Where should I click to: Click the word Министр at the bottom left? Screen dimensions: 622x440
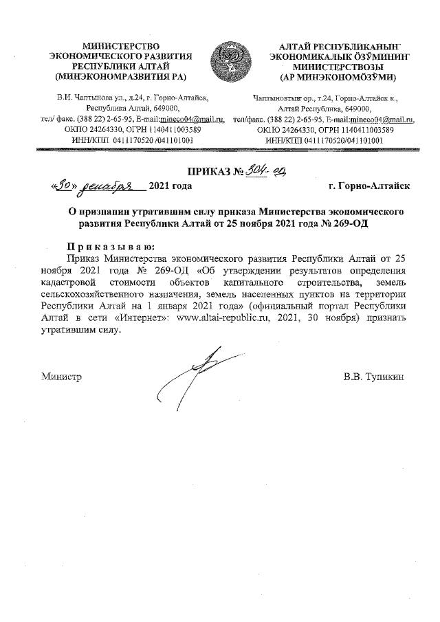point(61,377)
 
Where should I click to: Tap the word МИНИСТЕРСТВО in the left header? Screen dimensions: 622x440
point(120,45)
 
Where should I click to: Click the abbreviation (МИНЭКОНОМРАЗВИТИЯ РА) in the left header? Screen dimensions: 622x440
point(121,76)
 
